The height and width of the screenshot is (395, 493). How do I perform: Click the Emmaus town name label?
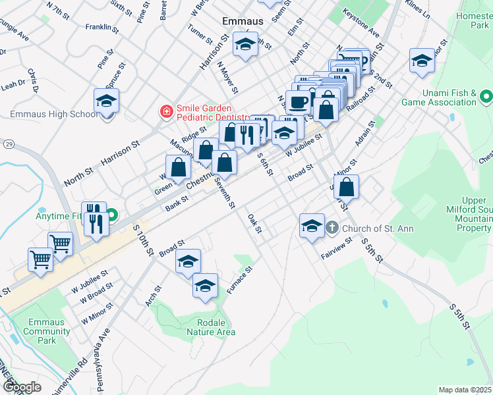click(x=243, y=21)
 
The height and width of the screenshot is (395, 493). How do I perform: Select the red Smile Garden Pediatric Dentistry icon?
click(x=167, y=111)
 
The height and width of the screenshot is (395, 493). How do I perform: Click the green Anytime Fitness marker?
click(x=113, y=214)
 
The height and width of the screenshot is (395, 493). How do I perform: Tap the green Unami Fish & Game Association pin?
click(x=486, y=97)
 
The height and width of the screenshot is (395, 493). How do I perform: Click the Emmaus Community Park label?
click(x=47, y=331)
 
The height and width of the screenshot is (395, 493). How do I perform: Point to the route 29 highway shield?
click(x=9, y=143)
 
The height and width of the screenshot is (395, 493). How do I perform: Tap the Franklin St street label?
click(x=102, y=28)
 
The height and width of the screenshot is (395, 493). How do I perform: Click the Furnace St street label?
click(x=239, y=279)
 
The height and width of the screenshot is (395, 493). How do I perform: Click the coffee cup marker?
click(x=297, y=101)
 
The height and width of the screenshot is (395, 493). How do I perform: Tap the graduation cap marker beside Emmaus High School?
click(x=105, y=101)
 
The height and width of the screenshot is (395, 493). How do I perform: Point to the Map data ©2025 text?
click(x=465, y=390)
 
